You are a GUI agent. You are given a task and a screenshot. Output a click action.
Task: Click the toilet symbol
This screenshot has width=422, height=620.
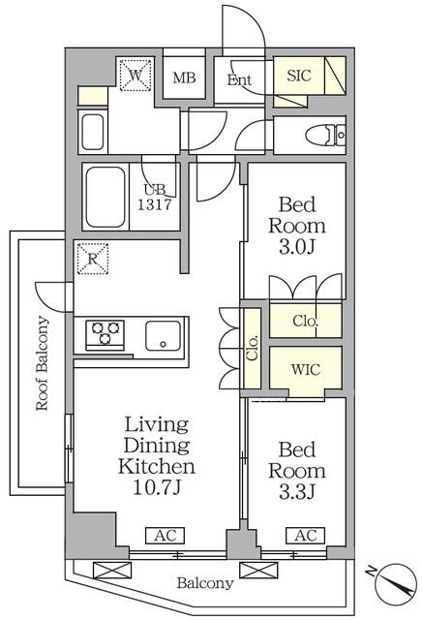[325, 135]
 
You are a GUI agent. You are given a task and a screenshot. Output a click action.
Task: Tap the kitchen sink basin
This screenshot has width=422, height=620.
[164, 336]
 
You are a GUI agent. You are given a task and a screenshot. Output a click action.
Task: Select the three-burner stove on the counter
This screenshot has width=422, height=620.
[105, 335]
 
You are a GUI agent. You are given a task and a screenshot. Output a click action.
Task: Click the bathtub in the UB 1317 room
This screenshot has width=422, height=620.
[105, 197]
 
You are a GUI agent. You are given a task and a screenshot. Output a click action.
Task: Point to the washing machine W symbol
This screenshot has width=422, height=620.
[136, 76]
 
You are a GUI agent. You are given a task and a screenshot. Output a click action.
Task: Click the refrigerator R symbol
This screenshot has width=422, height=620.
[93, 259]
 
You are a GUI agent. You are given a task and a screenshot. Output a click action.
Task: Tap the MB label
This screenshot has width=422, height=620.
[184, 77]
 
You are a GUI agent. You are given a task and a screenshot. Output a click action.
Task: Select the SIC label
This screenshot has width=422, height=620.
[299, 76]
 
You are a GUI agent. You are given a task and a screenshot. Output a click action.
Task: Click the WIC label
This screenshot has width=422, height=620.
[306, 370]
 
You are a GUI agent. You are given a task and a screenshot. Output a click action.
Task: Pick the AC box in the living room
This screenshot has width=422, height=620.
[166, 536]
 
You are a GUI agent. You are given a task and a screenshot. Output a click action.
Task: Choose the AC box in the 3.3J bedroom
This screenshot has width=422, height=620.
[306, 536]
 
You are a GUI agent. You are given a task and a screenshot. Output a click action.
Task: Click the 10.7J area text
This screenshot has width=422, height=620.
[157, 488]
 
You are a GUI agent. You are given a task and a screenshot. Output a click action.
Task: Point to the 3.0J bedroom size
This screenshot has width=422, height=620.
[297, 247]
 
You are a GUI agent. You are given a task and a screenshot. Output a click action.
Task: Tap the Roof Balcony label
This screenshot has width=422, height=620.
[42, 363]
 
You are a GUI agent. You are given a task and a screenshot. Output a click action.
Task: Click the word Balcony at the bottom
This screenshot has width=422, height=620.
[205, 583]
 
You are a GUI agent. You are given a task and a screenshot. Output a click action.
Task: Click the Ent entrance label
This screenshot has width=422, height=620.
[239, 79]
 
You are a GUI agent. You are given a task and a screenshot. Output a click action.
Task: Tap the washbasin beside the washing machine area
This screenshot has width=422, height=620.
[93, 132]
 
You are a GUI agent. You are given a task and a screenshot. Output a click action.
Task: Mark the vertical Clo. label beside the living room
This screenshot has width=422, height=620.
[253, 348]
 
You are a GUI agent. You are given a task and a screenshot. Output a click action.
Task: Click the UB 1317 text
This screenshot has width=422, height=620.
[155, 197]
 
